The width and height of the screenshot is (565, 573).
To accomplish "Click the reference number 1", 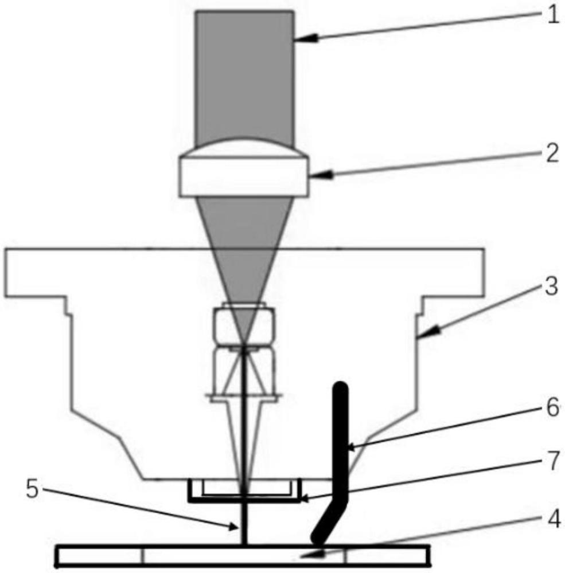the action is coord(552,15).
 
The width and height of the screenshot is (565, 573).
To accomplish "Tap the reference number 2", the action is coord(552,154).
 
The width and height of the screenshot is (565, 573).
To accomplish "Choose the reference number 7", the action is coord(553,462).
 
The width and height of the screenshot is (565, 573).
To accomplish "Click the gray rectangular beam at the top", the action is coord(244,74).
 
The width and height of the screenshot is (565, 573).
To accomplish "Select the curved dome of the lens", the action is coord(244,148).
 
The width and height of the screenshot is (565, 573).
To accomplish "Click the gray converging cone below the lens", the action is coord(244,241).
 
